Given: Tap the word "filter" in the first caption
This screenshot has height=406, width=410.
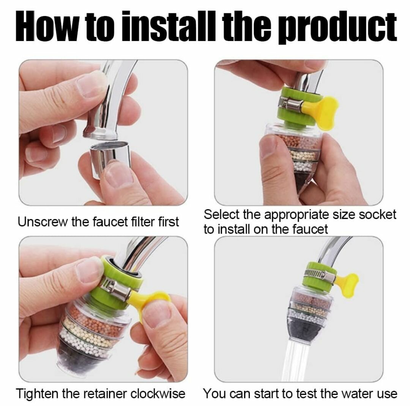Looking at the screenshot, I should pyautogui.click(x=142, y=222).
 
